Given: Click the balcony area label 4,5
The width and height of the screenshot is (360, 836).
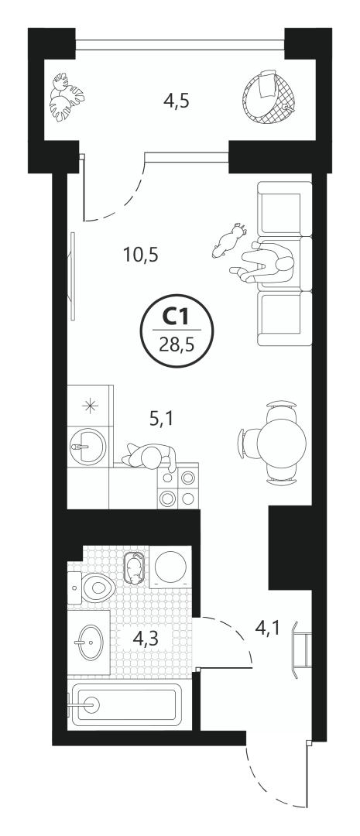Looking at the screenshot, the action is [x=177, y=100].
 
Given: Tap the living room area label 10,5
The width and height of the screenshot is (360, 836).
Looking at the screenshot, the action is [x=141, y=255].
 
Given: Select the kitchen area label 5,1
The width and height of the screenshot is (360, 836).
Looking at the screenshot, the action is [x=161, y=420].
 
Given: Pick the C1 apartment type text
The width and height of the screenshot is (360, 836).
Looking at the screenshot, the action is [x=176, y=318].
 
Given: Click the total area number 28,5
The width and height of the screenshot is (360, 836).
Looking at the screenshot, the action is [x=176, y=342].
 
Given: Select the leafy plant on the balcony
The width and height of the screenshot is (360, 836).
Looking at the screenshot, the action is [x=67, y=97].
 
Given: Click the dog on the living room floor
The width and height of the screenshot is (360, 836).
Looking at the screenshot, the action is [x=229, y=240].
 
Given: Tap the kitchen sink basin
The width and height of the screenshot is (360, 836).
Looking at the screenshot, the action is [x=87, y=446].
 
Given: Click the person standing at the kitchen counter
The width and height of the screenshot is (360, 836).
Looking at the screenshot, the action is [x=150, y=457].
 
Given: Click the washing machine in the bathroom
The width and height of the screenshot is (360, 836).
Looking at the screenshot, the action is [x=170, y=567].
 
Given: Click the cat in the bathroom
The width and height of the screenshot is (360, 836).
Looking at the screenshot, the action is [x=135, y=569].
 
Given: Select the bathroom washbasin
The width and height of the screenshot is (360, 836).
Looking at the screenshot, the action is [x=88, y=642].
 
